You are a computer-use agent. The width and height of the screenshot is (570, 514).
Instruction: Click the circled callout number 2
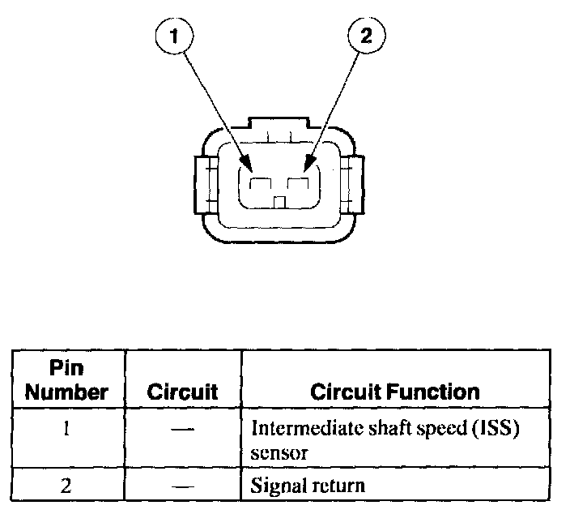367,36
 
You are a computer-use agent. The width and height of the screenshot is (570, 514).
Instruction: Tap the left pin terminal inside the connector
260,186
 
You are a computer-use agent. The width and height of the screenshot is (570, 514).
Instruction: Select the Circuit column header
182,392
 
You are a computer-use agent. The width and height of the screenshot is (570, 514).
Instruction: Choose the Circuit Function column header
395,392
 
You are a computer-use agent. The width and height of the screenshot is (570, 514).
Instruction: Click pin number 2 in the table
66,486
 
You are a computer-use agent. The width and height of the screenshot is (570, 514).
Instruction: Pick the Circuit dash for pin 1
183,429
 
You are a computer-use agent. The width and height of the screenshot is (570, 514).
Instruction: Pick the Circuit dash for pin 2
183,486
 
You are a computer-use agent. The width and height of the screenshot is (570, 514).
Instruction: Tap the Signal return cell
308,486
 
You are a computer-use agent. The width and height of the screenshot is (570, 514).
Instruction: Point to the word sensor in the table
279,452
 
